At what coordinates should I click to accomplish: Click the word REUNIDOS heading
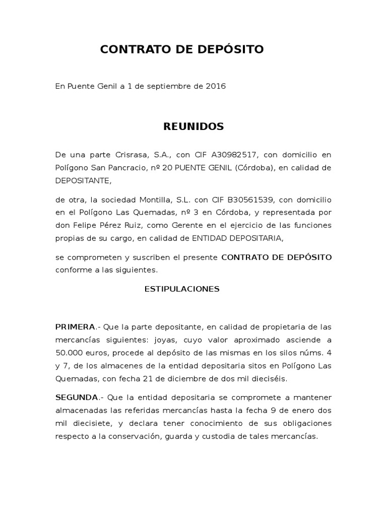[x=193, y=126]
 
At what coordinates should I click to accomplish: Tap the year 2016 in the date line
[x=216, y=86]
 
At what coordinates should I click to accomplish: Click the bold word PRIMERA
[x=75, y=327]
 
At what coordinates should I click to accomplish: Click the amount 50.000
[x=70, y=351]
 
